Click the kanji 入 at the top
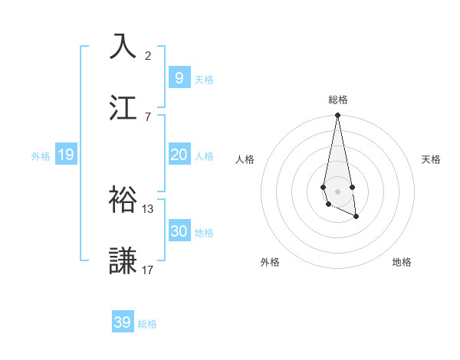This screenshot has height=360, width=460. pyautogui.click(x=123, y=46)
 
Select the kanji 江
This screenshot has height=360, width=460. pyautogui.click(x=123, y=108)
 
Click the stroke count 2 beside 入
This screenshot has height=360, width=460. pyautogui.click(x=148, y=56)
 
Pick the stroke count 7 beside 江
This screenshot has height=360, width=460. pyautogui.click(x=148, y=117)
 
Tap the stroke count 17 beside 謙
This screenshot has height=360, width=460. pyautogui.click(x=148, y=270)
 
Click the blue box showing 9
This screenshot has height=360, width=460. pyautogui.click(x=179, y=77)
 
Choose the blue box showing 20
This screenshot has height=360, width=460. pyautogui.click(x=179, y=155)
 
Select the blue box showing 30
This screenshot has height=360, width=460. pyautogui.click(x=179, y=231)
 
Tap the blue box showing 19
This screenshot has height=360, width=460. pyautogui.click(x=65, y=155)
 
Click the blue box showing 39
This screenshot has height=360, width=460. pyautogui.click(x=123, y=322)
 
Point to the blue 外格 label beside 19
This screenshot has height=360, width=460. pyautogui.click(x=41, y=155)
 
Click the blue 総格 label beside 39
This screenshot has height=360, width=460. pyautogui.click(x=148, y=324)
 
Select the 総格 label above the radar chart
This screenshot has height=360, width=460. pyautogui.click(x=338, y=100)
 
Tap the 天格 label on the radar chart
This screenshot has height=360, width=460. pyautogui.click(x=432, y=159)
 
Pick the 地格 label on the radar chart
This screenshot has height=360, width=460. pyautogui.click(x=402, y=262)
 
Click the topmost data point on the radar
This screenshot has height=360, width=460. pyautogui.click(x=337, y=116)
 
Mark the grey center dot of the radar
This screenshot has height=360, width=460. pyautogui.click(x=337, y=191)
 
